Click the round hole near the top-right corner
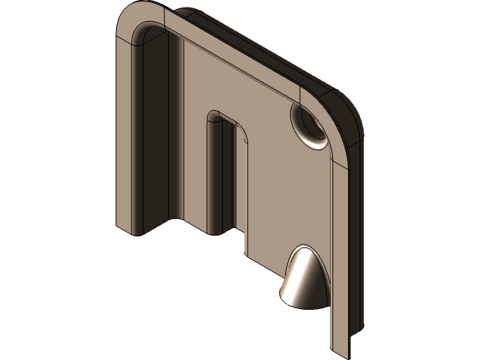click(307, 124)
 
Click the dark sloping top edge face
click(247, 45)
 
